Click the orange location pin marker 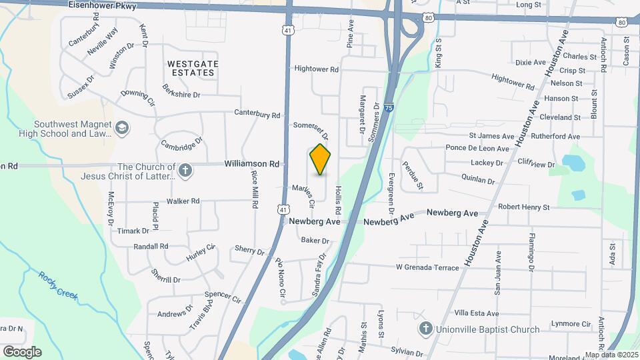tap(321, 159)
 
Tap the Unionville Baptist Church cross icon tap(426, 329)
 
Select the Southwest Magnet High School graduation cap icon tap(122, 127)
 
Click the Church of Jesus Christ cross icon tap(186, 171)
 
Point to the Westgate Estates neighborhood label tap(193, 68)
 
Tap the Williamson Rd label tap(251, 163)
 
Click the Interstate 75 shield tap(389, 107)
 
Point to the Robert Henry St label tap(523, 207)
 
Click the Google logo tap(22, 351)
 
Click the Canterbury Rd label tap(257, 114)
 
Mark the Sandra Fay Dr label tap(319, 274)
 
